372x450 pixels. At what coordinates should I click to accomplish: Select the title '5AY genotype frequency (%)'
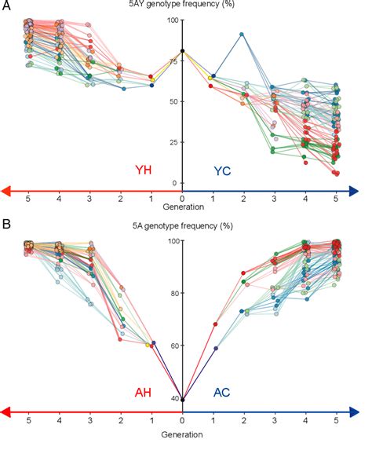[x=182, y=6]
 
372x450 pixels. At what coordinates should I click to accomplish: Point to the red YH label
[x=144, y=170]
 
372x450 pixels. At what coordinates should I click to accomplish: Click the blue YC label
[x=223, y=170]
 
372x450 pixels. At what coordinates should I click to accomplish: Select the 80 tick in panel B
[x=174, y=293]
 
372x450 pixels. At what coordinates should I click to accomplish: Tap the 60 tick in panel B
[x=174, y=346]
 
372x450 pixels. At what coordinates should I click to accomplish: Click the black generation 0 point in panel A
[x=183, y=51]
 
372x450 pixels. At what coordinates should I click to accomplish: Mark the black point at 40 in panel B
[x=183, y=400]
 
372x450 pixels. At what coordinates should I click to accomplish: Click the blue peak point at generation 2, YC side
[x=243, y=35]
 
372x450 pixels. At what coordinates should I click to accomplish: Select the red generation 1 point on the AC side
[x=214, y=324]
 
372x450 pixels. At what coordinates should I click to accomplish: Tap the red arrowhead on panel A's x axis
[x=6, y=191]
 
